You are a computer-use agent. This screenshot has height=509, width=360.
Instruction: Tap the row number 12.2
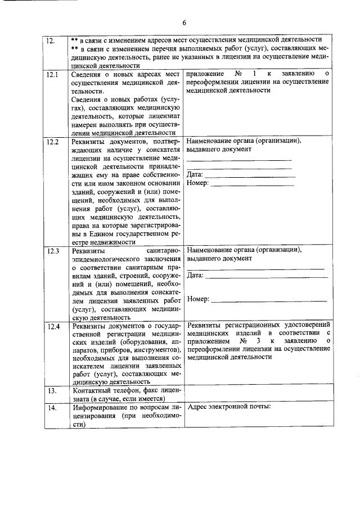pyautogui.click(x=53, y=142)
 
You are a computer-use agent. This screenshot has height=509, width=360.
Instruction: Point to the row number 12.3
pyautogui.click(x=53, y=251)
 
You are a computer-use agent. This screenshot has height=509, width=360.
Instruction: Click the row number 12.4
pyautogui.click(x=53, y=326)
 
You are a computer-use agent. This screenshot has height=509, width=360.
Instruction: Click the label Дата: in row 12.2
pyautogui.click(x=195, y=175)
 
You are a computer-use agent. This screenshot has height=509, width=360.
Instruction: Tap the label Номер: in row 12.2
pyautogui.click(x=197, y=183)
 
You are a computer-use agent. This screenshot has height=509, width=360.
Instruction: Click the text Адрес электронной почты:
pyautogui.click(x=229, y=407)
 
